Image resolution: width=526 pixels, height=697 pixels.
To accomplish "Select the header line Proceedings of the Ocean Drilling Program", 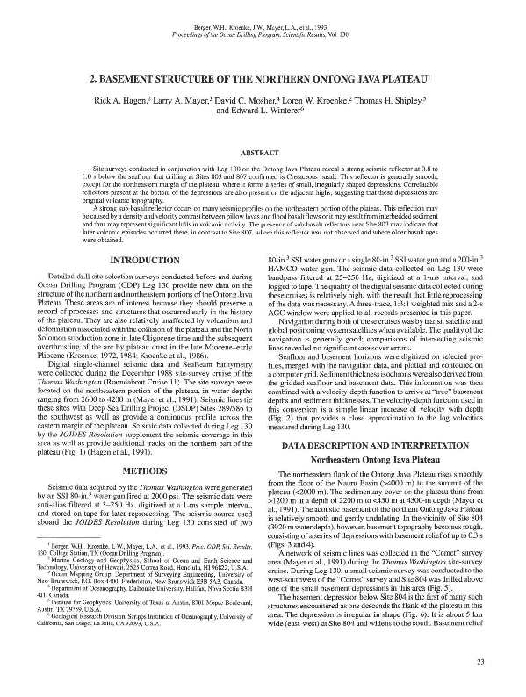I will [263, 23].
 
